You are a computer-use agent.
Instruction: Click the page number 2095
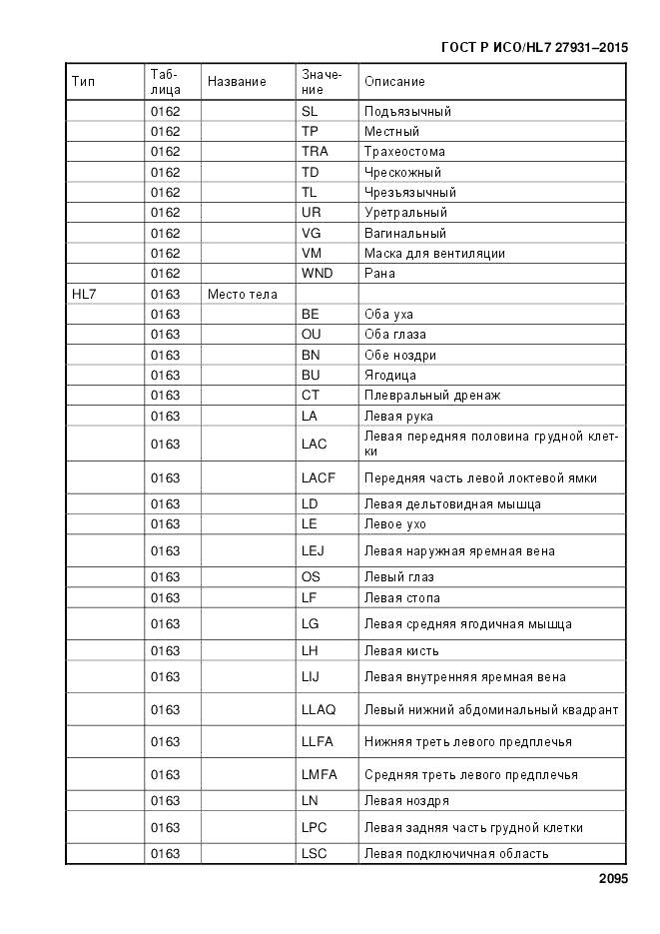tap(613, 879)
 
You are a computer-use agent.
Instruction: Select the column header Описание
tap(394, 82)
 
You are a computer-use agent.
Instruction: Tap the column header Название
tap(237, 82)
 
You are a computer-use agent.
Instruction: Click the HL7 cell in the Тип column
tap(84, 294)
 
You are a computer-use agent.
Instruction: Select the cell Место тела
tap(243, 294)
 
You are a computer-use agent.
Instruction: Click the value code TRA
tap(315, 152)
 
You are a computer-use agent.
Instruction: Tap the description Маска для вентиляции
tap(434, 254)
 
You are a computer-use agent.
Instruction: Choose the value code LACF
tap(319, 477)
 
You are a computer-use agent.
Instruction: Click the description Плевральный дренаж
tap(432, 396)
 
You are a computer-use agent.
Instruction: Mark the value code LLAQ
tap(319, 709)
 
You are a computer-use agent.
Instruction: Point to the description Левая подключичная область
tap(456, 854)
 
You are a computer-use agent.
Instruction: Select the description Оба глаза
tap(397, 335)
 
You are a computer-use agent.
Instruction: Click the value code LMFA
tap(319, 774)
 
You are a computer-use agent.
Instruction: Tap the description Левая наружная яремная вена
tap(459, 550)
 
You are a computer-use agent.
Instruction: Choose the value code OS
tap(311, 577)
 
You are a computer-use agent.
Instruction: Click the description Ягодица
tap(390, 376)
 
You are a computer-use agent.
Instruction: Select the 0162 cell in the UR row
tap(165, 213)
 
